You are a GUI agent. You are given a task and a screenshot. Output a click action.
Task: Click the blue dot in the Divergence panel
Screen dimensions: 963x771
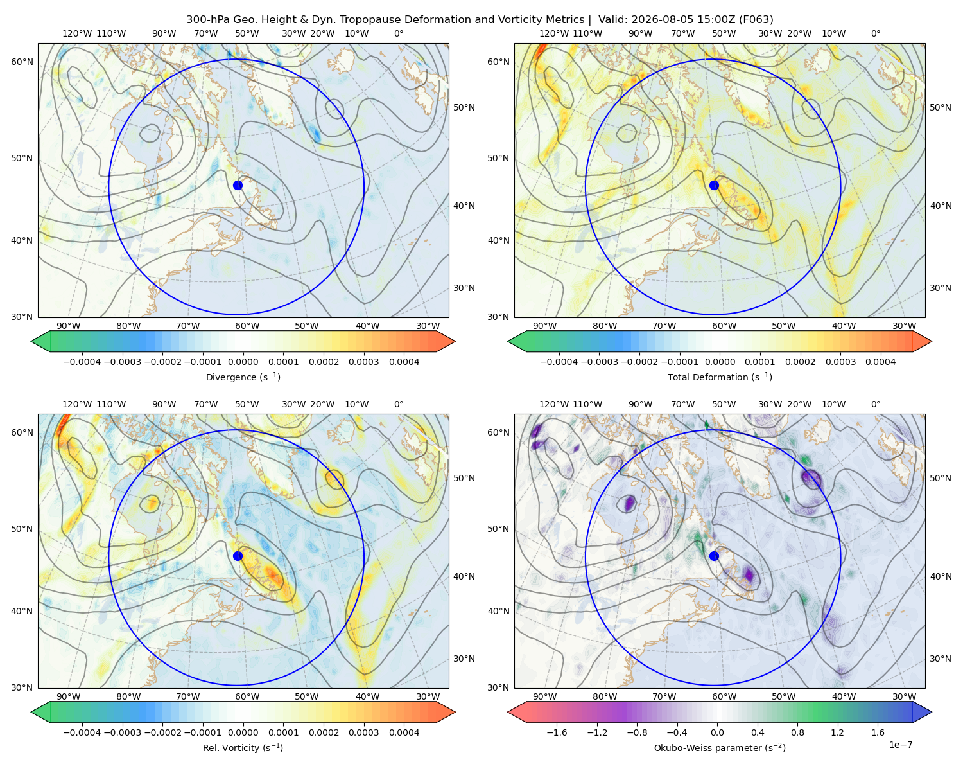pyautogui.click(x=238, y=186)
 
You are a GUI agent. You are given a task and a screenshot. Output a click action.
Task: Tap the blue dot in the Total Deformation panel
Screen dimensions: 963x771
pyautogui.click(x=714, y=186)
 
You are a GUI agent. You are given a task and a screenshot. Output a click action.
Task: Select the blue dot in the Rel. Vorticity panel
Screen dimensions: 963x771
pyautogui.click(x=238, y=556)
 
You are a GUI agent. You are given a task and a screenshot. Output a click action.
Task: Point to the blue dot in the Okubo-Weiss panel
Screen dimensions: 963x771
pyautogui.click(x=714, y=556)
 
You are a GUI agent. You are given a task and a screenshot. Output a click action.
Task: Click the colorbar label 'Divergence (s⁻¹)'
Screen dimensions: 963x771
pyautogui.click(x=243, y=377)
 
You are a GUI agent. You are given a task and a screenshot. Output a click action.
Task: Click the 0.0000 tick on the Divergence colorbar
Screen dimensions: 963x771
pyautogui.click(x=243, y=362)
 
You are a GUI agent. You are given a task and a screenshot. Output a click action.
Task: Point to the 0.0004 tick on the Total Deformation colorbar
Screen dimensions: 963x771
pyautogui.click(x=881, y=362)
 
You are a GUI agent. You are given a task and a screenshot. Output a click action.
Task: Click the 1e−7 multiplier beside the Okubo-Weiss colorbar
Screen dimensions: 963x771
pyautogui.click(x=900, y=745)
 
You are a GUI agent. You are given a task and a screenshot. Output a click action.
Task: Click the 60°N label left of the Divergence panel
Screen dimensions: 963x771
pyautogui.click(x=22, y=62)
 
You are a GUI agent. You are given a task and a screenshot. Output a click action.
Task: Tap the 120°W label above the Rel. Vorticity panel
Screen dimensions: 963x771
pyautogui.click(x=77, y=404)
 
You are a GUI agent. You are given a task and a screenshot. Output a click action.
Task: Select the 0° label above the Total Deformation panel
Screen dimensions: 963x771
pyautogui.click(x=876, y=33)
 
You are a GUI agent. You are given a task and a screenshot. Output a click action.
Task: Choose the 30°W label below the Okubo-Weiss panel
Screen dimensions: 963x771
pyautogui.click(x=905, y=696)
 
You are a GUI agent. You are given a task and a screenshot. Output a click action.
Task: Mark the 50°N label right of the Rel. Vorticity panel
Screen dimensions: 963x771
pyautogui.click(x=464, y=478)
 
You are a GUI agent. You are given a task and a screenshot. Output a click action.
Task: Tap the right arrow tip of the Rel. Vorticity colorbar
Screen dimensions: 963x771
pyautogui.click(x=455, y=712)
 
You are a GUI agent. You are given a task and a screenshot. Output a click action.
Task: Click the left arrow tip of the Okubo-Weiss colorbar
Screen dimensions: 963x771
pyautogui.click(x=508, y=712)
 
